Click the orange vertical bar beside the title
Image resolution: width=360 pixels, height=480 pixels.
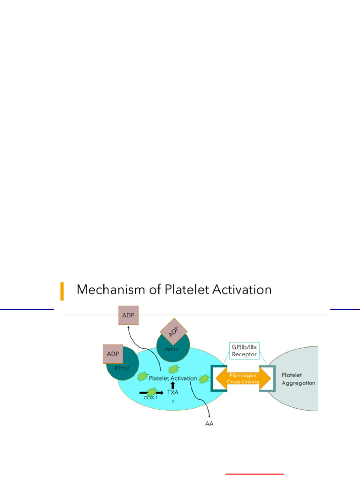[62, 291]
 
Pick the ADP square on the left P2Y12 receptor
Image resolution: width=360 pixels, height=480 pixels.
[112, 353]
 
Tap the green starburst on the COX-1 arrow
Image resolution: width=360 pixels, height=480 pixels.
[152, 390]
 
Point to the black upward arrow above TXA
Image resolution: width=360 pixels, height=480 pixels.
[172, 384]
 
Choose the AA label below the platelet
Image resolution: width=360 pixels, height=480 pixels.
[209, 425]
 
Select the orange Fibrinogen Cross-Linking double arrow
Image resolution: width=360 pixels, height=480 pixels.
[243, 378]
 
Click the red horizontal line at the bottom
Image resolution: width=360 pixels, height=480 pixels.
[255, 474]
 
